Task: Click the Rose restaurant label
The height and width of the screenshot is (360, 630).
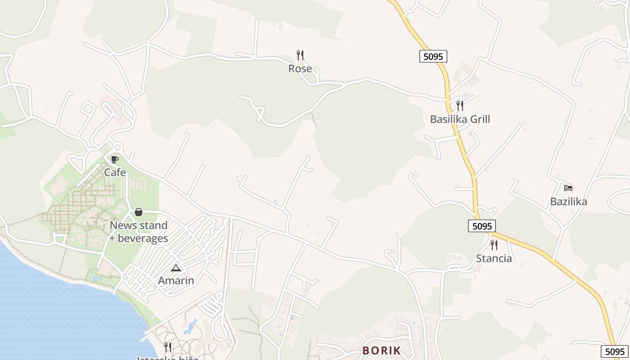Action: (300, 68)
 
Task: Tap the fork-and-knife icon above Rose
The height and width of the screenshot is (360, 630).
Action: (300, 55)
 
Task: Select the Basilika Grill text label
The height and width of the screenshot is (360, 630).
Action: (460, 119)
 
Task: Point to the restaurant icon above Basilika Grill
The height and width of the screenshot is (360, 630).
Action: (460, 106)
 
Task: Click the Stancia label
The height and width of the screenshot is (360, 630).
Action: (494, 258)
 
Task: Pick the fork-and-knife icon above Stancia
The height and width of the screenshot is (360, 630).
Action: (494, 245)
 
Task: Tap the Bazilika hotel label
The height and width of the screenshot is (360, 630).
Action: (568, 201)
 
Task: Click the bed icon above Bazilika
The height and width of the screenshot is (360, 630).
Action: (568, 188)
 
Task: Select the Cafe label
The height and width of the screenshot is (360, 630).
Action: (115, 172)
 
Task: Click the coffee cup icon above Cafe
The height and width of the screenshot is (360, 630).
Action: (115, 159)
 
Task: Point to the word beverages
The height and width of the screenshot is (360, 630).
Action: (143, 238)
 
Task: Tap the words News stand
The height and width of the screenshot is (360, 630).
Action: (139, 225)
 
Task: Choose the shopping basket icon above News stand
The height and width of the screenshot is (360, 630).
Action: (139, 212)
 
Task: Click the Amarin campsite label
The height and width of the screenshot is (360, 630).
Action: (176, 281)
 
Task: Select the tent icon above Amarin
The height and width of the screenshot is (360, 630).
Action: (176, 268)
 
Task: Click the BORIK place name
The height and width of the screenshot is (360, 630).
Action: (381, 351)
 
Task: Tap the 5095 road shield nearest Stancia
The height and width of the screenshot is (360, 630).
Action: (482, 226)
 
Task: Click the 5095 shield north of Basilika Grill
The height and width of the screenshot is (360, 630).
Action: (433, 56)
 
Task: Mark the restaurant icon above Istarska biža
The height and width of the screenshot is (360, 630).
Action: (167, 347)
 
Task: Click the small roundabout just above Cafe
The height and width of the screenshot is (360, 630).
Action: (117, 147)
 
